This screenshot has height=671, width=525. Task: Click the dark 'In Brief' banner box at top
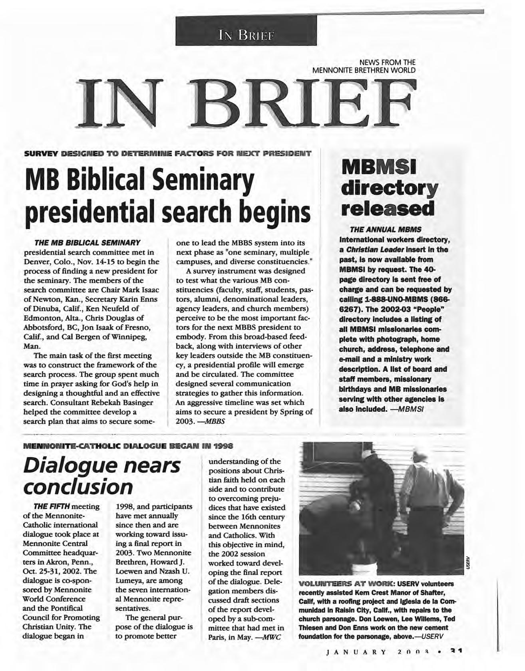pos(246,30)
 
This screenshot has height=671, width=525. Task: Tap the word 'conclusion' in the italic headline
pos(78,486)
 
